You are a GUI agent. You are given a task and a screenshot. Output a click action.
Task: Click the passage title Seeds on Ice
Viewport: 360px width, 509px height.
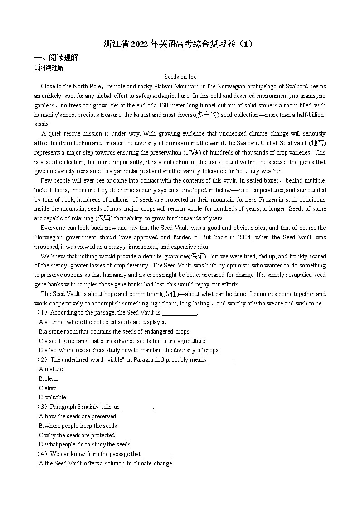click(x=180, y=77)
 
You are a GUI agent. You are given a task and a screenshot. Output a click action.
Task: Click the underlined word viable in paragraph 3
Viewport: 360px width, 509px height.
click(x=195, y=209)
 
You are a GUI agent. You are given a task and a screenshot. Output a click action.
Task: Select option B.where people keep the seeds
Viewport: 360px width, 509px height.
click(x=78, y=426)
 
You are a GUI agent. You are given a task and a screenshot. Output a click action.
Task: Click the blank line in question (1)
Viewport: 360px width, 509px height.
click(x=179, y=313)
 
